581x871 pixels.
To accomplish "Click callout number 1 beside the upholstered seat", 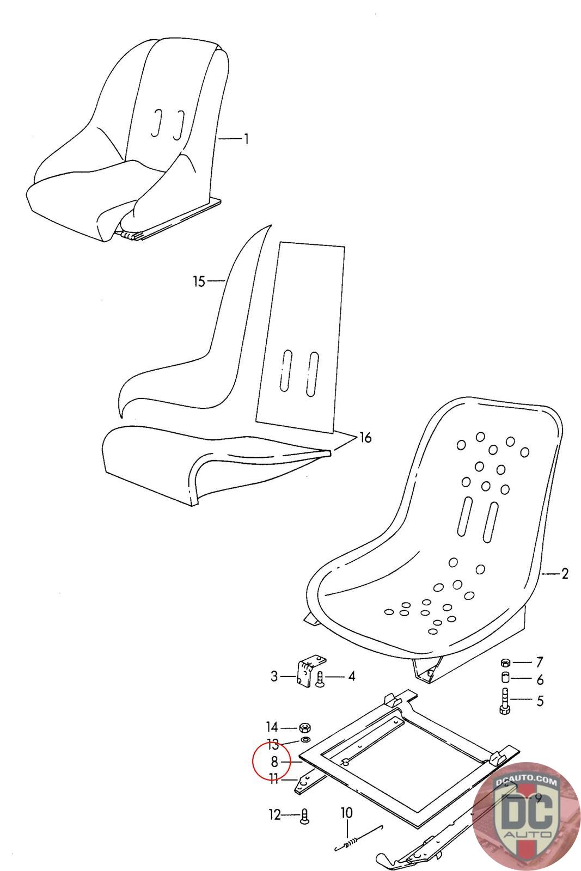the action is [x=246, y=139].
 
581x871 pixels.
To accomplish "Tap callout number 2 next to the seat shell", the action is [x=564, y=573].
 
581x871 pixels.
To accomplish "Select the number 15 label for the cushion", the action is [x=199, y=281].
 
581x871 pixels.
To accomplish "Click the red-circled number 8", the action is [x=274, y=762].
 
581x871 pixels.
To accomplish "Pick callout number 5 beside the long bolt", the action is [x=540, y=701].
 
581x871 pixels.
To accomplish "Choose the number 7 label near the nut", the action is [x=539, y=663].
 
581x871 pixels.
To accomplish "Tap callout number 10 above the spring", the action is [x=347, y=813].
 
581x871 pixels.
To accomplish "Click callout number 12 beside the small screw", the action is [x=274, y=815].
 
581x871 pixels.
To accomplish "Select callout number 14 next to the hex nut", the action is [x=272, y=727].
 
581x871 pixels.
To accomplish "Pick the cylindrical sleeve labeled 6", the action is [x=505, y=679].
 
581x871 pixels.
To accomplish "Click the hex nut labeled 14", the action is [x=305, y=727].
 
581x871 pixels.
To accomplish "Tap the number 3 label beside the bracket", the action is [x=274, y=677].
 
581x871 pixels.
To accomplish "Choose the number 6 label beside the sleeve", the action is [x=540, y=679].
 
